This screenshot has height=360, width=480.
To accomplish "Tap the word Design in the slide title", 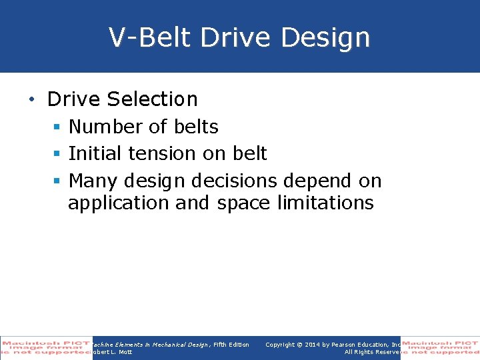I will [x=325, y=38].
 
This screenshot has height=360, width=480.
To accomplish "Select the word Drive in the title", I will [x=236, y=38].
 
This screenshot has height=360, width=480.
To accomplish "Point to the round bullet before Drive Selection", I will [x=32, y=100].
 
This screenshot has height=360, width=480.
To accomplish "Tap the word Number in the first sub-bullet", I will [x=108, y=127].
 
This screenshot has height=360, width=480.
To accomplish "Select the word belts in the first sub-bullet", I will [x=195, y=127].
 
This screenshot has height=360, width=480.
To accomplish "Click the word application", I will [x=119, y=203].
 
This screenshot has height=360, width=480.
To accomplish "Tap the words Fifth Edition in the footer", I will [x=231, y=345].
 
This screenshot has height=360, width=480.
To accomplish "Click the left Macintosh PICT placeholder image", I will [x=46, y=347].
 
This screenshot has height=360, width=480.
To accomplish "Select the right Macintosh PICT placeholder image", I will [x=440, y=347].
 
